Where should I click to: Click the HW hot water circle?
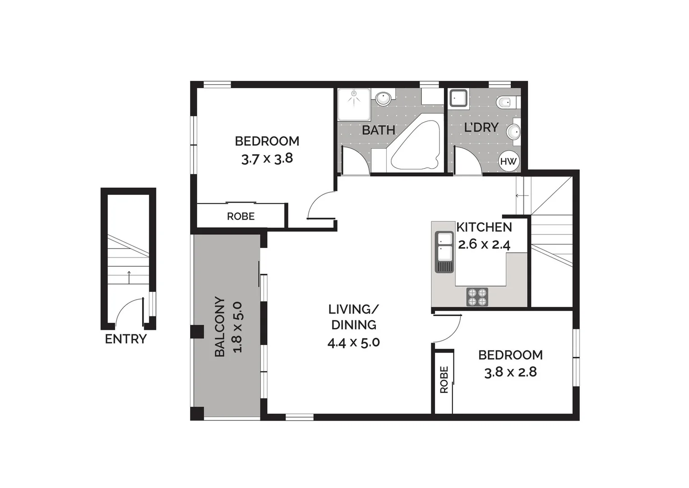click(x=508, y=161)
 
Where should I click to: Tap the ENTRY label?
click(x=125, y=339)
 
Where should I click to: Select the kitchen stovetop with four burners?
click(x=477, y=297)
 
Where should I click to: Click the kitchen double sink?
click(x=444, y=252)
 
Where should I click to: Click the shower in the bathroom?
click(x=354, y=98)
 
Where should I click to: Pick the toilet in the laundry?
click(x=504, y=103)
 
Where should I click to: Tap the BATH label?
click(x=378, y=130)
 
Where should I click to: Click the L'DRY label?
click(x=481, y=127)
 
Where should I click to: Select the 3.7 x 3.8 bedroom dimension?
click(x=267, y=159)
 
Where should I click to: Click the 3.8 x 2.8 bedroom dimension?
click(x=510, y=372)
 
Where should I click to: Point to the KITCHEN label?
click(x=484, y=227)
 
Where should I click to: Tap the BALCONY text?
click(x=220, y=327)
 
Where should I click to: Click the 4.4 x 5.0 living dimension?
click(x=353, y=343)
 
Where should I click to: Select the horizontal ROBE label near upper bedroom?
click(x=240, y=216)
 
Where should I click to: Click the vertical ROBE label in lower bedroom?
click(x=444, y=380)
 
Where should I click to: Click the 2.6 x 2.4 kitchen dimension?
click(x=484, y=244)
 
